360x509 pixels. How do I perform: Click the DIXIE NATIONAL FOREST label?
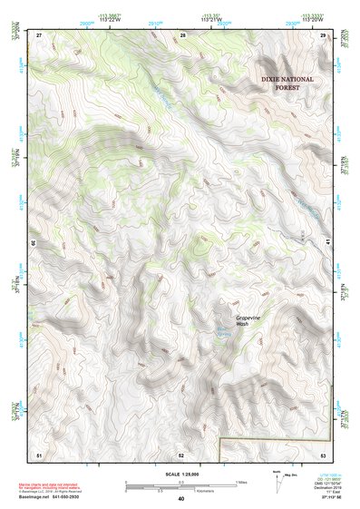pyautogui.click(x=287, y=83)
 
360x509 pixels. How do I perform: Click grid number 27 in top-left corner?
pyautogui.click(x=39, y=34)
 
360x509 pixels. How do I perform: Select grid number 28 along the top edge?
pyautogui.click(x=182, y=34)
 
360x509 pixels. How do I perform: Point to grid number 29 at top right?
pyautogui.click(x=324, y=34)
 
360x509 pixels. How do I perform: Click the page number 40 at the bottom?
pyautogui.click(x=181, y=499)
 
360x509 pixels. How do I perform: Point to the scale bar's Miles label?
pyautogui.click(x=240, y=482)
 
